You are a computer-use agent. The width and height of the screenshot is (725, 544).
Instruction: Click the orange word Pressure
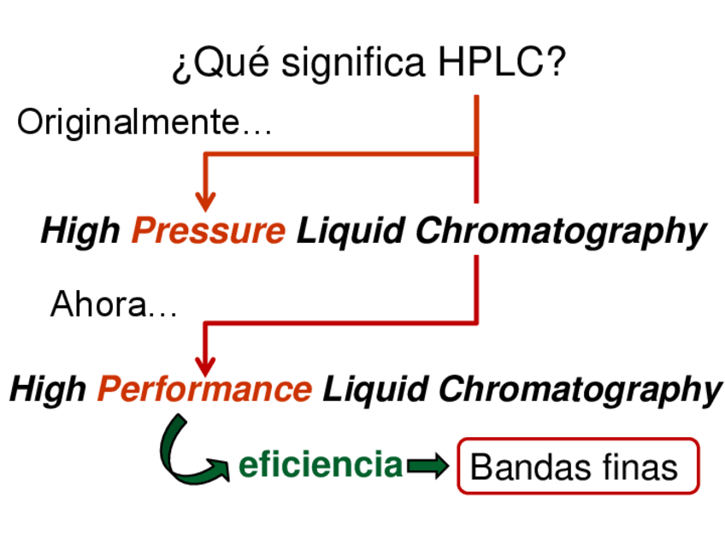tap(208, 231)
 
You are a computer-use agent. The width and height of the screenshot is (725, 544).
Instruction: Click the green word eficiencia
tap(320, 465)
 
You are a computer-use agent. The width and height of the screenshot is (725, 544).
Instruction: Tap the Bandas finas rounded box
tap(578, 466)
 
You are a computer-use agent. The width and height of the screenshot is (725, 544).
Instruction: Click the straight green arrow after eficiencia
tap(427, 466)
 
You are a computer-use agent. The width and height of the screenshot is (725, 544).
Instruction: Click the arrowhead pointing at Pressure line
tap(205, 200)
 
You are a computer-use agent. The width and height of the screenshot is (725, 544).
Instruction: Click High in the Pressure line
tap(81, 231)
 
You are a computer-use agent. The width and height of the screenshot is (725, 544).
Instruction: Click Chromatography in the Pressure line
tap(561, 231)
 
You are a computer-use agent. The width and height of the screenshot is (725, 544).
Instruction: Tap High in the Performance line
tap(48, 389)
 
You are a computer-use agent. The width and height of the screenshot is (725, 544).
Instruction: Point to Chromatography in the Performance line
tap(580, 389)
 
